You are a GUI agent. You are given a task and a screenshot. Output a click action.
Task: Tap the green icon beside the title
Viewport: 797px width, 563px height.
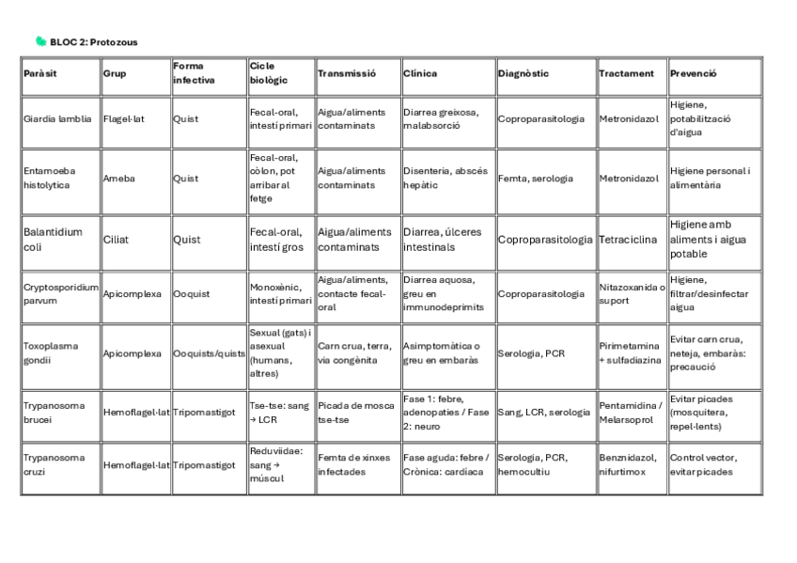point(40,41)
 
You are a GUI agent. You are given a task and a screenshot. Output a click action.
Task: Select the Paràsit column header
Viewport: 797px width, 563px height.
point(40,73)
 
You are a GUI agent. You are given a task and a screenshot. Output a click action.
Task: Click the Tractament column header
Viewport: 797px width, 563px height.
point(626,73)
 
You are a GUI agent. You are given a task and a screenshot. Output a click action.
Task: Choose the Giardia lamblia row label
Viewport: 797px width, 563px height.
point(57,119)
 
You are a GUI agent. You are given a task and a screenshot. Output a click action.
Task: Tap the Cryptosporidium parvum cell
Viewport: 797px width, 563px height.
point(60,293)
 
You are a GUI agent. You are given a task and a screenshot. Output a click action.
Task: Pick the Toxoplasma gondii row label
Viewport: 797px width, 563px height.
point(52,352)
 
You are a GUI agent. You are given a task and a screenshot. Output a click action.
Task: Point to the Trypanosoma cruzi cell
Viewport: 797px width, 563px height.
point(54,464)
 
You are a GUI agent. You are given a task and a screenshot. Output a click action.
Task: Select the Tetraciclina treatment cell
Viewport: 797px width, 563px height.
point(632,239)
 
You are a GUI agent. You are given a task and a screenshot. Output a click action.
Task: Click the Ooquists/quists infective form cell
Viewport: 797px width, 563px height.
point(208,352)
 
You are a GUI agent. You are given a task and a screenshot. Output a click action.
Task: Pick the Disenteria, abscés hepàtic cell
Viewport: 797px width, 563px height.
point(445,179)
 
